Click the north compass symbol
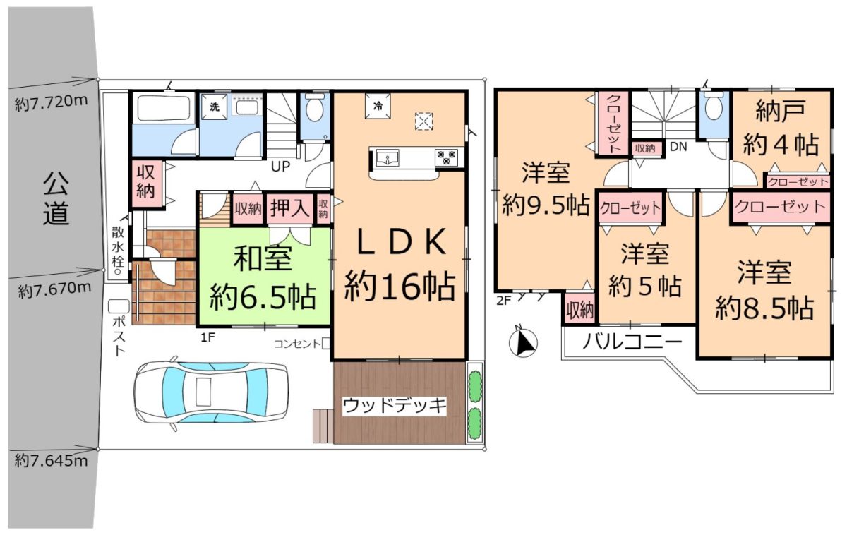(523, 343)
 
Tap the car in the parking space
(211, 393)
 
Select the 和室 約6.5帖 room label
(263, 278)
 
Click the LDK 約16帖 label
(400, 265)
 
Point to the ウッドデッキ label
(395, 406)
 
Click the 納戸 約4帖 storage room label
(781, 128)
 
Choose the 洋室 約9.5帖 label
(546, 188)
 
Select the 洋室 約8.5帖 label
(764, 290)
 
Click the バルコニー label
(632, 342)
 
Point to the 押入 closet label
(290, 208)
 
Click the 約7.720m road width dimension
(52, 102)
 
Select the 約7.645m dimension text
(52, 461)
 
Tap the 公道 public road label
(56, 199)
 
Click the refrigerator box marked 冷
(378, 107)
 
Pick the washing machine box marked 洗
(215, 107)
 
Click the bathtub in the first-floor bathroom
(163, 108)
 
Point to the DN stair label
(678, 147)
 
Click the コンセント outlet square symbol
(325, 344)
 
